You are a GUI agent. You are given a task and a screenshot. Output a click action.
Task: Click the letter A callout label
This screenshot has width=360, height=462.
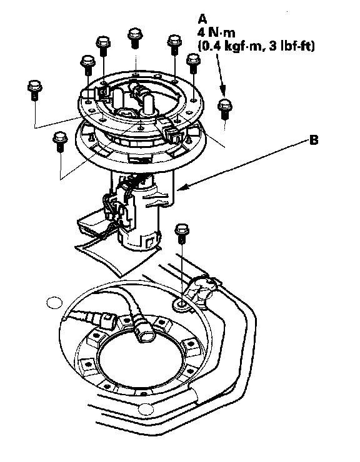(x=202, y=19)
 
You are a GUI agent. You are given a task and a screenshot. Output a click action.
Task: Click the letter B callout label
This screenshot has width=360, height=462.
(x=314, y=140)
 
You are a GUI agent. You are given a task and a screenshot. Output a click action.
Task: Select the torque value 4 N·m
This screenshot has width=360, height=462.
(x=216, y=32)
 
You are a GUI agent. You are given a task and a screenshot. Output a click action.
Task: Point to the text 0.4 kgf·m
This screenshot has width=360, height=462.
(x=230, y=46)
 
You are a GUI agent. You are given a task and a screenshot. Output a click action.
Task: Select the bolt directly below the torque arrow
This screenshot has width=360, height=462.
(x=225, y=109)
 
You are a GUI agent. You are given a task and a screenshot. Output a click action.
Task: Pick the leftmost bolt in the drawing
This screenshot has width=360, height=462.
(x=35, y=89)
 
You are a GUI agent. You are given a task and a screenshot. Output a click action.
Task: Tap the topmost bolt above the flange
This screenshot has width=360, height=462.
(x=136, y=37)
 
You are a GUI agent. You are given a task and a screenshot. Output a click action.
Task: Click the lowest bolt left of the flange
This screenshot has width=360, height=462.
(x=60, y=142)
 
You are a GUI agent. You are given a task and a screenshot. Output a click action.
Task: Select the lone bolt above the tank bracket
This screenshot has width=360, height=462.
(x=182, y=233)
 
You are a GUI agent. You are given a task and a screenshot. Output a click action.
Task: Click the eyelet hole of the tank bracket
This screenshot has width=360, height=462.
(x=181, y=303)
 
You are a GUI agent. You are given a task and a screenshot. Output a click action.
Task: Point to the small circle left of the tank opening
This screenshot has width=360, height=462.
(x=54, y=302)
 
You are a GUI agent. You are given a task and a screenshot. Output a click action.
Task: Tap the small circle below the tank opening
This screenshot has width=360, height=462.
(x=146, y=409)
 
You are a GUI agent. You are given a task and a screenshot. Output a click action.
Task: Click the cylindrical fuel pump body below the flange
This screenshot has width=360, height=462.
(x=139, y=214)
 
